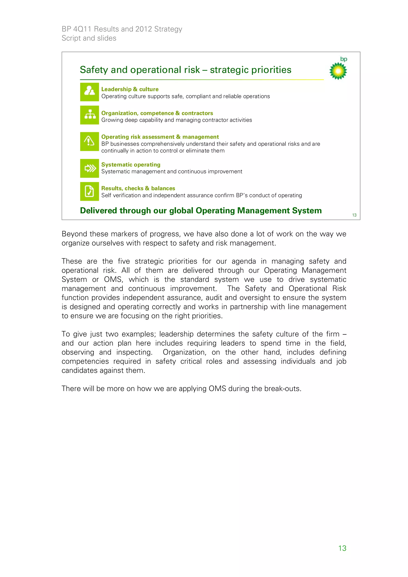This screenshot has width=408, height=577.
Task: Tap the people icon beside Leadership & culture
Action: [x=89, y=92]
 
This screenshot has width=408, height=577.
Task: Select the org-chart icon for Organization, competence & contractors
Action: [x=89, y=115]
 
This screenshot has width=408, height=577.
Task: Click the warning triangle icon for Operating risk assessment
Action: [x=89, y=141]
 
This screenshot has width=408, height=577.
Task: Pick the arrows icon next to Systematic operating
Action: [x=89, y=168]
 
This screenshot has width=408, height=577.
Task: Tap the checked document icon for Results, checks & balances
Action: [x=89, y=191]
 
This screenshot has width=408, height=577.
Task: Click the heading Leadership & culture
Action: [x=130, y=89]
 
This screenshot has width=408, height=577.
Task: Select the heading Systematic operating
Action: [x=131, y=165]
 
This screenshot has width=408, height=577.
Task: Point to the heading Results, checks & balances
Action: [x=138, y=188]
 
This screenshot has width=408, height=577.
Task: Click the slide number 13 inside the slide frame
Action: [x=354, y=215]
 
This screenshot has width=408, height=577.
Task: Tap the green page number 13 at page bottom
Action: [x=342, y=548]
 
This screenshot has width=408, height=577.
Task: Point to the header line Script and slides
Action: [x=89, y=38]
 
